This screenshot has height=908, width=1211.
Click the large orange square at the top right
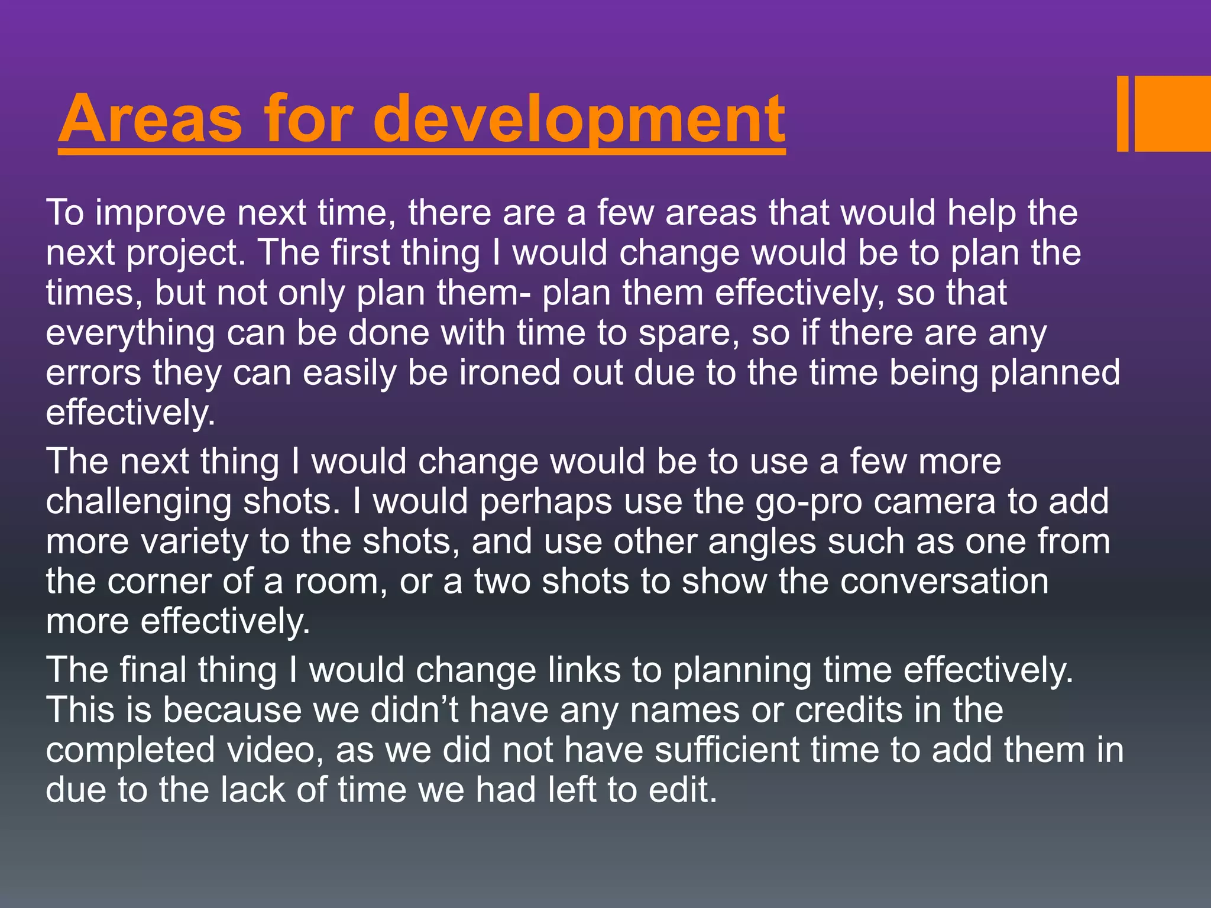tap(1173, 113)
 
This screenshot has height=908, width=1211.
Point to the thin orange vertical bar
tap(1122, 113)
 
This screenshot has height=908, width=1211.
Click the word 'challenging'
tap(139, 502)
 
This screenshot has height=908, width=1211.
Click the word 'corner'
tap(159, 582)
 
